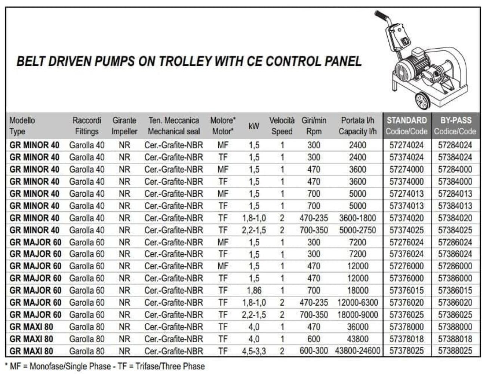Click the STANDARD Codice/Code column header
point(406,126)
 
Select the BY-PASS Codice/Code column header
point(455,126)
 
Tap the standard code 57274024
point(406,145)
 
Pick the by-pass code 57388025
point(455,351)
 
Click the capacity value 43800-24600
point(357,351)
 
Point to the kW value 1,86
point(254,290)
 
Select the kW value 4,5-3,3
point(254,351)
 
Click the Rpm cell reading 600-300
point(314,351)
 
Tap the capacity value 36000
point(357,327)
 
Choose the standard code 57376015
point(406,290)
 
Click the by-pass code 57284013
point(455,194)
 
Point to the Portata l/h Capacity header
point(357,126)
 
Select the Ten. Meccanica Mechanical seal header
point(174,126)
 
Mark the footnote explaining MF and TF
point(105,366)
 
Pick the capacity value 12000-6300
point(357,303)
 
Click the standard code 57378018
point(406,339)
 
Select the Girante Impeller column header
point(124,126)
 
